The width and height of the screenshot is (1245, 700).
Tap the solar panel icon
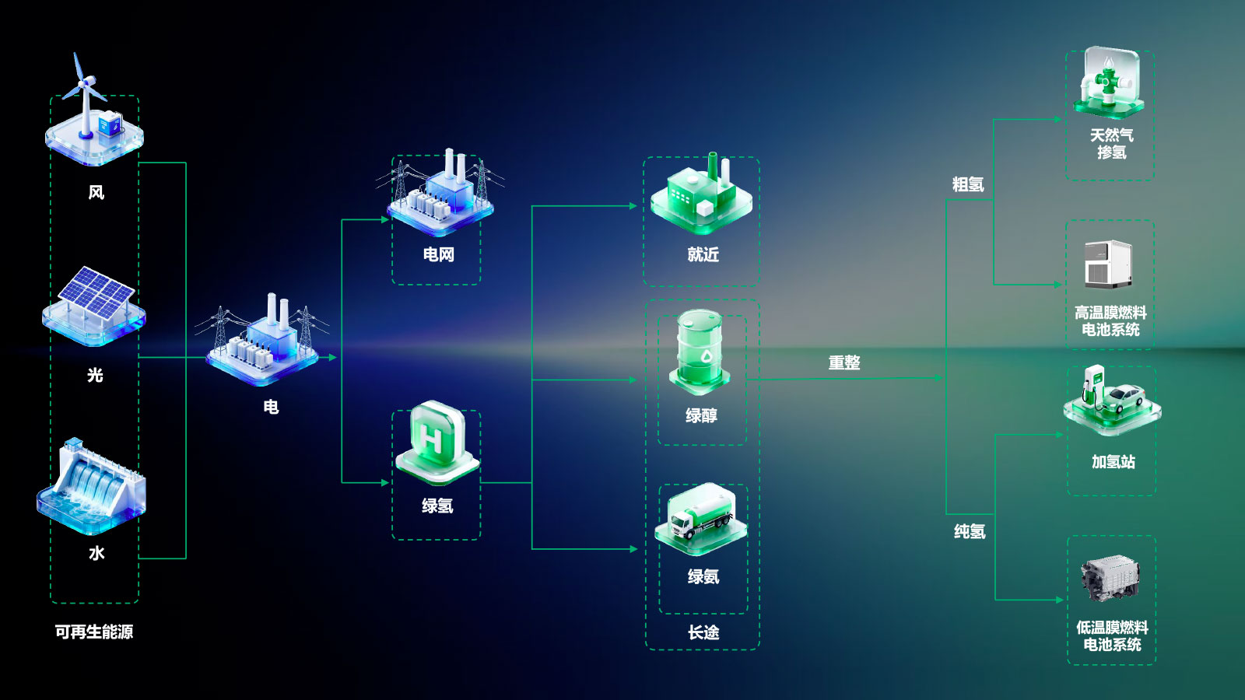(x=94, y=306)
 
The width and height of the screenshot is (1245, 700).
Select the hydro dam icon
(x=91, y=487)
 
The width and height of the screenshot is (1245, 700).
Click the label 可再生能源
(x=94, y=632)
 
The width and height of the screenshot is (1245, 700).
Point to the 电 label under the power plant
(x=271, y=408)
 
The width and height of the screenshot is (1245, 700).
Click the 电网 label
(x=439, y=254)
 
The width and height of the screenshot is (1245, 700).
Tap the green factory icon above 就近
(x=701, y=194)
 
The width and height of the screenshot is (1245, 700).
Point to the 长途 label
(x=703, y=632)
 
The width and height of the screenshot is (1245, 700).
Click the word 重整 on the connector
(x=844, y=362)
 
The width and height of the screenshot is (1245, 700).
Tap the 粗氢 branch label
(x=968, y=184)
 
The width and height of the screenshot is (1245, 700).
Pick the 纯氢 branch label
(x=970, y=532)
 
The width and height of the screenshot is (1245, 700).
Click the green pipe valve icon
(x=1109, y=82)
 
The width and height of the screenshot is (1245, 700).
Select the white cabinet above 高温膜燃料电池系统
(x=1109, y=264)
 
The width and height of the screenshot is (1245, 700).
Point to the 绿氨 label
(x=703, y=576)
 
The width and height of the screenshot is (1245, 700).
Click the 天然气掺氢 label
(x=1112, y=143)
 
